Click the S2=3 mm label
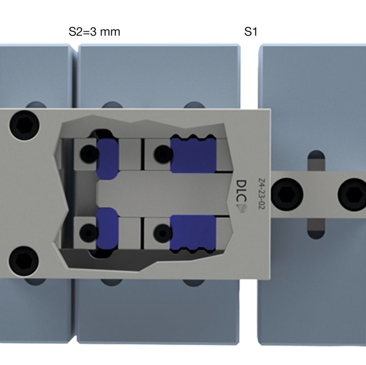point(95,32)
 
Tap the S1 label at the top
point(250,32)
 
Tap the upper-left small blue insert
point(107,158)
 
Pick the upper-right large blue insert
point(193,155)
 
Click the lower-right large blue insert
point(193,234)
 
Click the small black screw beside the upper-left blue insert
point(88,154)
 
